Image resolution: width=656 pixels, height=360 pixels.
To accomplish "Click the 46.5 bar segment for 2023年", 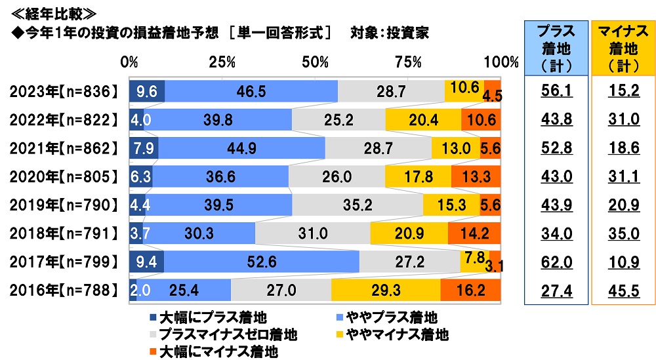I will [251, 91].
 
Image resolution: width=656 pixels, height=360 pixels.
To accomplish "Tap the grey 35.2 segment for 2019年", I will [358, 205].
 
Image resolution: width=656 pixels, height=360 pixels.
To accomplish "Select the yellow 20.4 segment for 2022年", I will [423, 120].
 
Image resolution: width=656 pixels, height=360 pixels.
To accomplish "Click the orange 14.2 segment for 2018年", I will [474, 233].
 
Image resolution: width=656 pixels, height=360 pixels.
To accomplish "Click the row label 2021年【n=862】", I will [63, 148].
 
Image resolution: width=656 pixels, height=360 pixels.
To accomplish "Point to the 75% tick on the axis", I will [409, 62].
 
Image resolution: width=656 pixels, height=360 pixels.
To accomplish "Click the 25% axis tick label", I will [222, 62].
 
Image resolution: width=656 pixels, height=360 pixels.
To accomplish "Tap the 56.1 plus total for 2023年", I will [555, 91].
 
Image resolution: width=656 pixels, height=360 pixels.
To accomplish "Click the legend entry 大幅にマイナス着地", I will [211, 352].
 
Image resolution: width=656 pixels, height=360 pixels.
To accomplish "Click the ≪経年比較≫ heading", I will [49, 12].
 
